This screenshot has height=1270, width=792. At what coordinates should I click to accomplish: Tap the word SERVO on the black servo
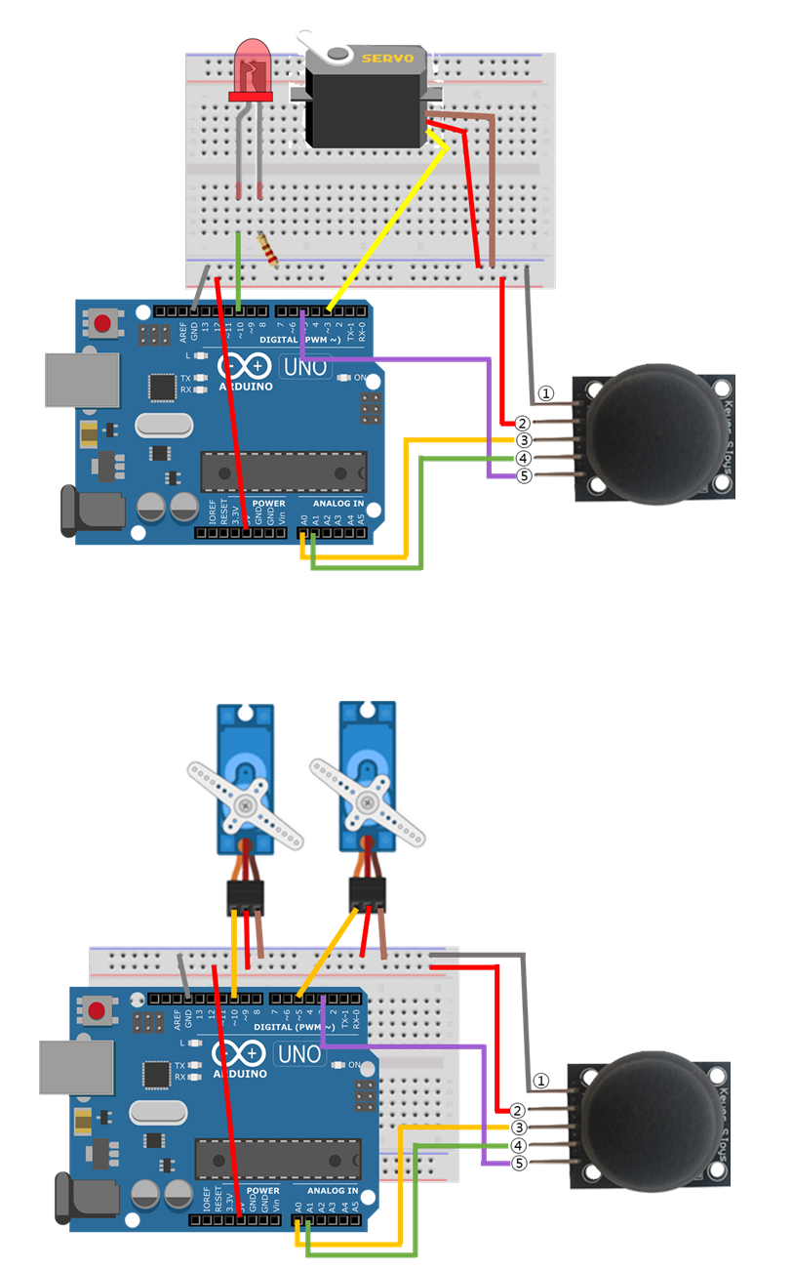[x=388, y=58]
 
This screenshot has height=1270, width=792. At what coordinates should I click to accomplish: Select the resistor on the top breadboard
[x=267, y=250]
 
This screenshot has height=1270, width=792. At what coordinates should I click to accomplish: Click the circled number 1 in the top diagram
[x=546, y=393]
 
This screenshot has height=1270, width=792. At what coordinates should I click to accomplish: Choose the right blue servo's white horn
[x=368, y=802]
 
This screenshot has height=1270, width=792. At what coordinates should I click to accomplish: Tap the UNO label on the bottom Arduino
[x=297, y=1055]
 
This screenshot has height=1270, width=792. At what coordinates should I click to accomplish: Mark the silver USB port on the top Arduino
[x=80, y=379]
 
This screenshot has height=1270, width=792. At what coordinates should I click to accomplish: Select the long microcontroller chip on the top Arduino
[x=283, y=471]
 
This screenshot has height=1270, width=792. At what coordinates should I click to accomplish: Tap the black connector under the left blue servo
[x=245, y=894]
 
